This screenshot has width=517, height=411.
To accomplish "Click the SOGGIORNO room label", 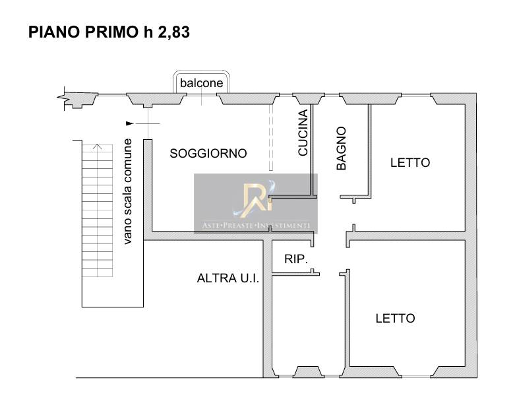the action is [208, 153].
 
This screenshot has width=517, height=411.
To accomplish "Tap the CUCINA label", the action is [303, 133].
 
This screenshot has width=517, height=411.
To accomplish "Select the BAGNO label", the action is [342, 148].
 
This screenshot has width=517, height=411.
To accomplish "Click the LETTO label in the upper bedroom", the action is [410, 162].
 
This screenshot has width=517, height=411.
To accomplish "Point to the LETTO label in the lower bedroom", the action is [396, 318].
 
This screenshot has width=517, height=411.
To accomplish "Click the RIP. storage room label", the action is [295, 259].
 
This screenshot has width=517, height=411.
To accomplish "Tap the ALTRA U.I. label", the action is [228, 278].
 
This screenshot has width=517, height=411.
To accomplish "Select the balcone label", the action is [202, 83].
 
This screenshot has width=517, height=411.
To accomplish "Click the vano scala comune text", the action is [127, 191].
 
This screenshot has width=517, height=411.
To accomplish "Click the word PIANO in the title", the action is [54, 32].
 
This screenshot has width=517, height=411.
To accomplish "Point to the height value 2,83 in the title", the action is [174, 32].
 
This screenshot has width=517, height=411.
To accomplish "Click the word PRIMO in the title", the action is [111, 32].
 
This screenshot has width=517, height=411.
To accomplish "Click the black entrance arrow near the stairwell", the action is [130, 123].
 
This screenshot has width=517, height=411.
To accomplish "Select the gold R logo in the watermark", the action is [255, 200].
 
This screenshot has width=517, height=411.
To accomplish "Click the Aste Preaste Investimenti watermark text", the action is [256, 226].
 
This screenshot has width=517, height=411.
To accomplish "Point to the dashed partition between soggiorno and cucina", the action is [271, 138].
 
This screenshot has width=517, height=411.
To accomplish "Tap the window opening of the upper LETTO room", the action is [415, 95].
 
